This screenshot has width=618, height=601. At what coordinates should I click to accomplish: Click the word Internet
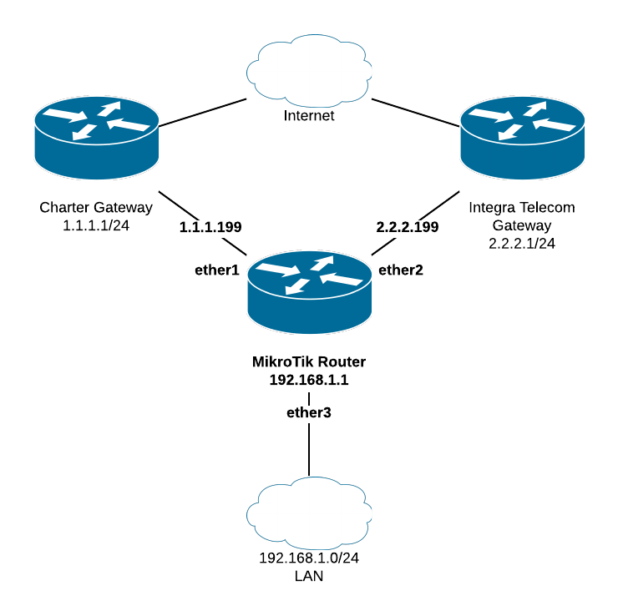[309, 116]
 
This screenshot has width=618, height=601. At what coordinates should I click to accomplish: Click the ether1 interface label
[217, 270]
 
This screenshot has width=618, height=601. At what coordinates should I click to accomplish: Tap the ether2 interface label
[400, 270]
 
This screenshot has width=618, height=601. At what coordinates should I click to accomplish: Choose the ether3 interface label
[309, 412]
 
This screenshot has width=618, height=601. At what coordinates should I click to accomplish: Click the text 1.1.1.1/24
[96, 225]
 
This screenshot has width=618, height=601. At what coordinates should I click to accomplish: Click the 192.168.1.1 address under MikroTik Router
[309, 380]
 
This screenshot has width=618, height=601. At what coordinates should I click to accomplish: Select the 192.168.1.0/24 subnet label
[309, 559]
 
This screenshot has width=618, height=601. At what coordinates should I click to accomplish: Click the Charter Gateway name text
[96, 207]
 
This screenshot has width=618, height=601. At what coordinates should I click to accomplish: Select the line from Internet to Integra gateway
[416, 113]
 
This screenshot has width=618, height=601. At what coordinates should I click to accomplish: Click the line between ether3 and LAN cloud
[309, 451]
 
